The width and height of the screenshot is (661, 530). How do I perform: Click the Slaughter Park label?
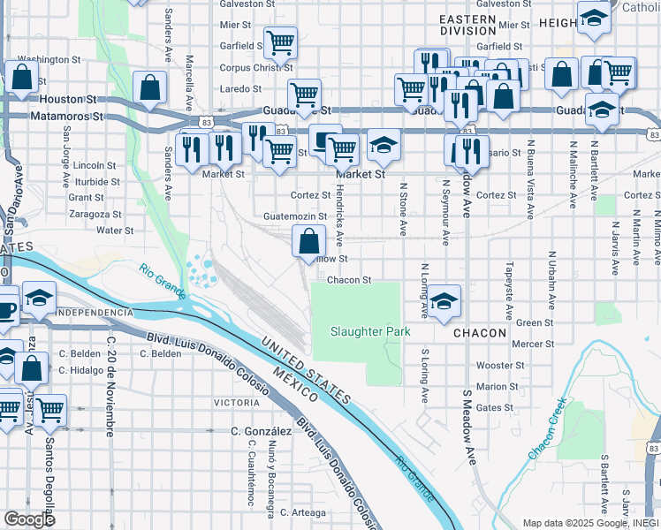370,331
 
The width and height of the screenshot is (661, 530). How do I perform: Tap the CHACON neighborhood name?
479,333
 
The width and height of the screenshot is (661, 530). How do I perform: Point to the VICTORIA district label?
237,403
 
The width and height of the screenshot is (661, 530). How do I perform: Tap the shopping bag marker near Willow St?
308,240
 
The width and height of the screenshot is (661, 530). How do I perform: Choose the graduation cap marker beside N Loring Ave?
445,300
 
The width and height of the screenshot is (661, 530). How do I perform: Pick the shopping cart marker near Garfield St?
280,42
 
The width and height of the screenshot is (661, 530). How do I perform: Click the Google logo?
29,519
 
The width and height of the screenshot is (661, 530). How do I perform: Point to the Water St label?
114,230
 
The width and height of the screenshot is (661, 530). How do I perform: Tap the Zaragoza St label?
96,214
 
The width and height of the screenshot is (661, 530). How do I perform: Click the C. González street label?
261,431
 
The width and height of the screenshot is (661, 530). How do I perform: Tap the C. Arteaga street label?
303,511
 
